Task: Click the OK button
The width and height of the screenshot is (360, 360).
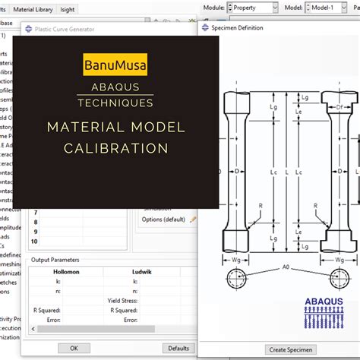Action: pos(74,348)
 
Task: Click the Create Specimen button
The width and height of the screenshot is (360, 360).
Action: pos(287,349)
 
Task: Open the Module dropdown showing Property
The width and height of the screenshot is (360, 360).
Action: pos(253,8)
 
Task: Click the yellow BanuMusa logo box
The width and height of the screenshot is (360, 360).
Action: pos(116,64)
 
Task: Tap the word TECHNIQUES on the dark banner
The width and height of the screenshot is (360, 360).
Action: pos(116,102)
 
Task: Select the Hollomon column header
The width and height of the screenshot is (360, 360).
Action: pos(65,270)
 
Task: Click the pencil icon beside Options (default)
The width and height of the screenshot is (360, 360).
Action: pos(193,219)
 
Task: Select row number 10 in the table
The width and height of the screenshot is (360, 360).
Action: pos(33,241)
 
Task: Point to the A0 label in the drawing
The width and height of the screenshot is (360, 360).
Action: pos(285,267)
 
